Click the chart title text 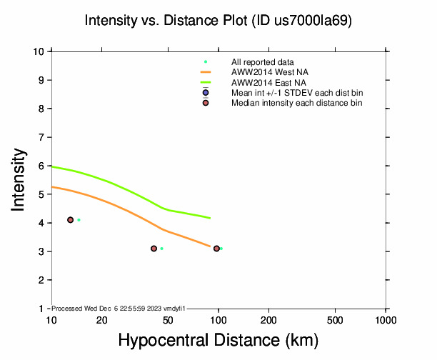pos(218,21)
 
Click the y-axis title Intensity pos(19,179)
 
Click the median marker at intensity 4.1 pos(71,220)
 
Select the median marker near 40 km pos(154,249)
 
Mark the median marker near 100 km pos(216,249)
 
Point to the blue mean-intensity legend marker pos(206,93)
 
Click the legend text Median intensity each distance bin pos(296,104)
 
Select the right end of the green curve pos(210,218)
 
